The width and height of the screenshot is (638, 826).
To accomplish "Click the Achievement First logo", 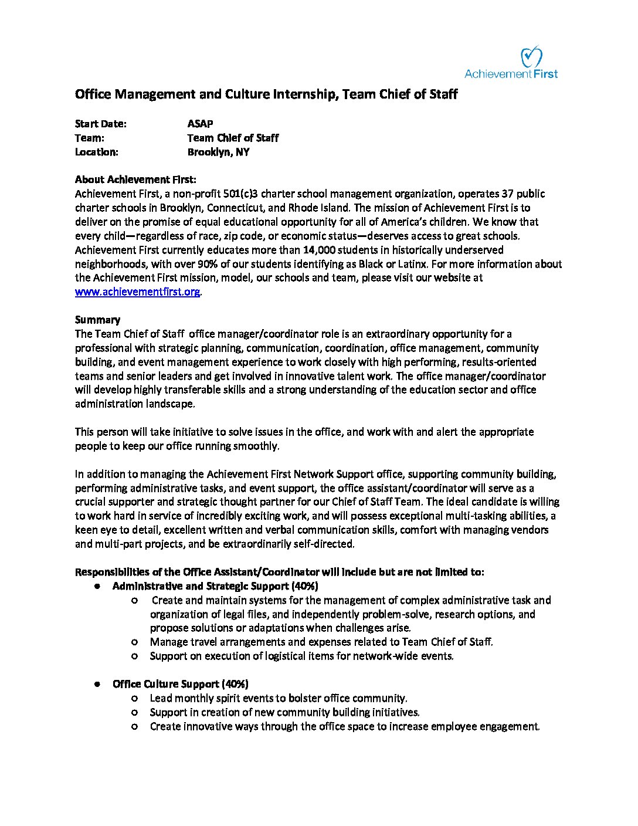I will coord(511,63).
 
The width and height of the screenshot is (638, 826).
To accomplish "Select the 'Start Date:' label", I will coord(101,124).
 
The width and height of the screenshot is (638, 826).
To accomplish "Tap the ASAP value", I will coord(200,124).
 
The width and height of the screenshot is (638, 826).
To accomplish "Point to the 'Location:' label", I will coord(97,152).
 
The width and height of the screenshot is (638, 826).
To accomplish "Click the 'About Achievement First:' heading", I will coord(136,180).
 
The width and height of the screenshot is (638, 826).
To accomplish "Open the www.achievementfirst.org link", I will coord(138,292).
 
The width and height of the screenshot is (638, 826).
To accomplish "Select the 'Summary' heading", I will coord(97,320).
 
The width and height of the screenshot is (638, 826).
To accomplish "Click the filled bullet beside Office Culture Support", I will coord(97,684).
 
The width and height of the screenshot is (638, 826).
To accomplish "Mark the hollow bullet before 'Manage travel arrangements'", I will coord(135,642).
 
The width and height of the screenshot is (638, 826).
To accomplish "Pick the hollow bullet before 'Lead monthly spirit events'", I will coord(135,698).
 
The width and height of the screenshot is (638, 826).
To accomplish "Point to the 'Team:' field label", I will coord(90,138).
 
